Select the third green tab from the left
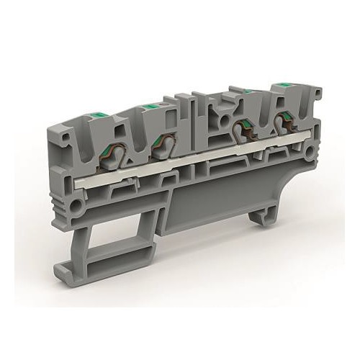click(248, 91)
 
